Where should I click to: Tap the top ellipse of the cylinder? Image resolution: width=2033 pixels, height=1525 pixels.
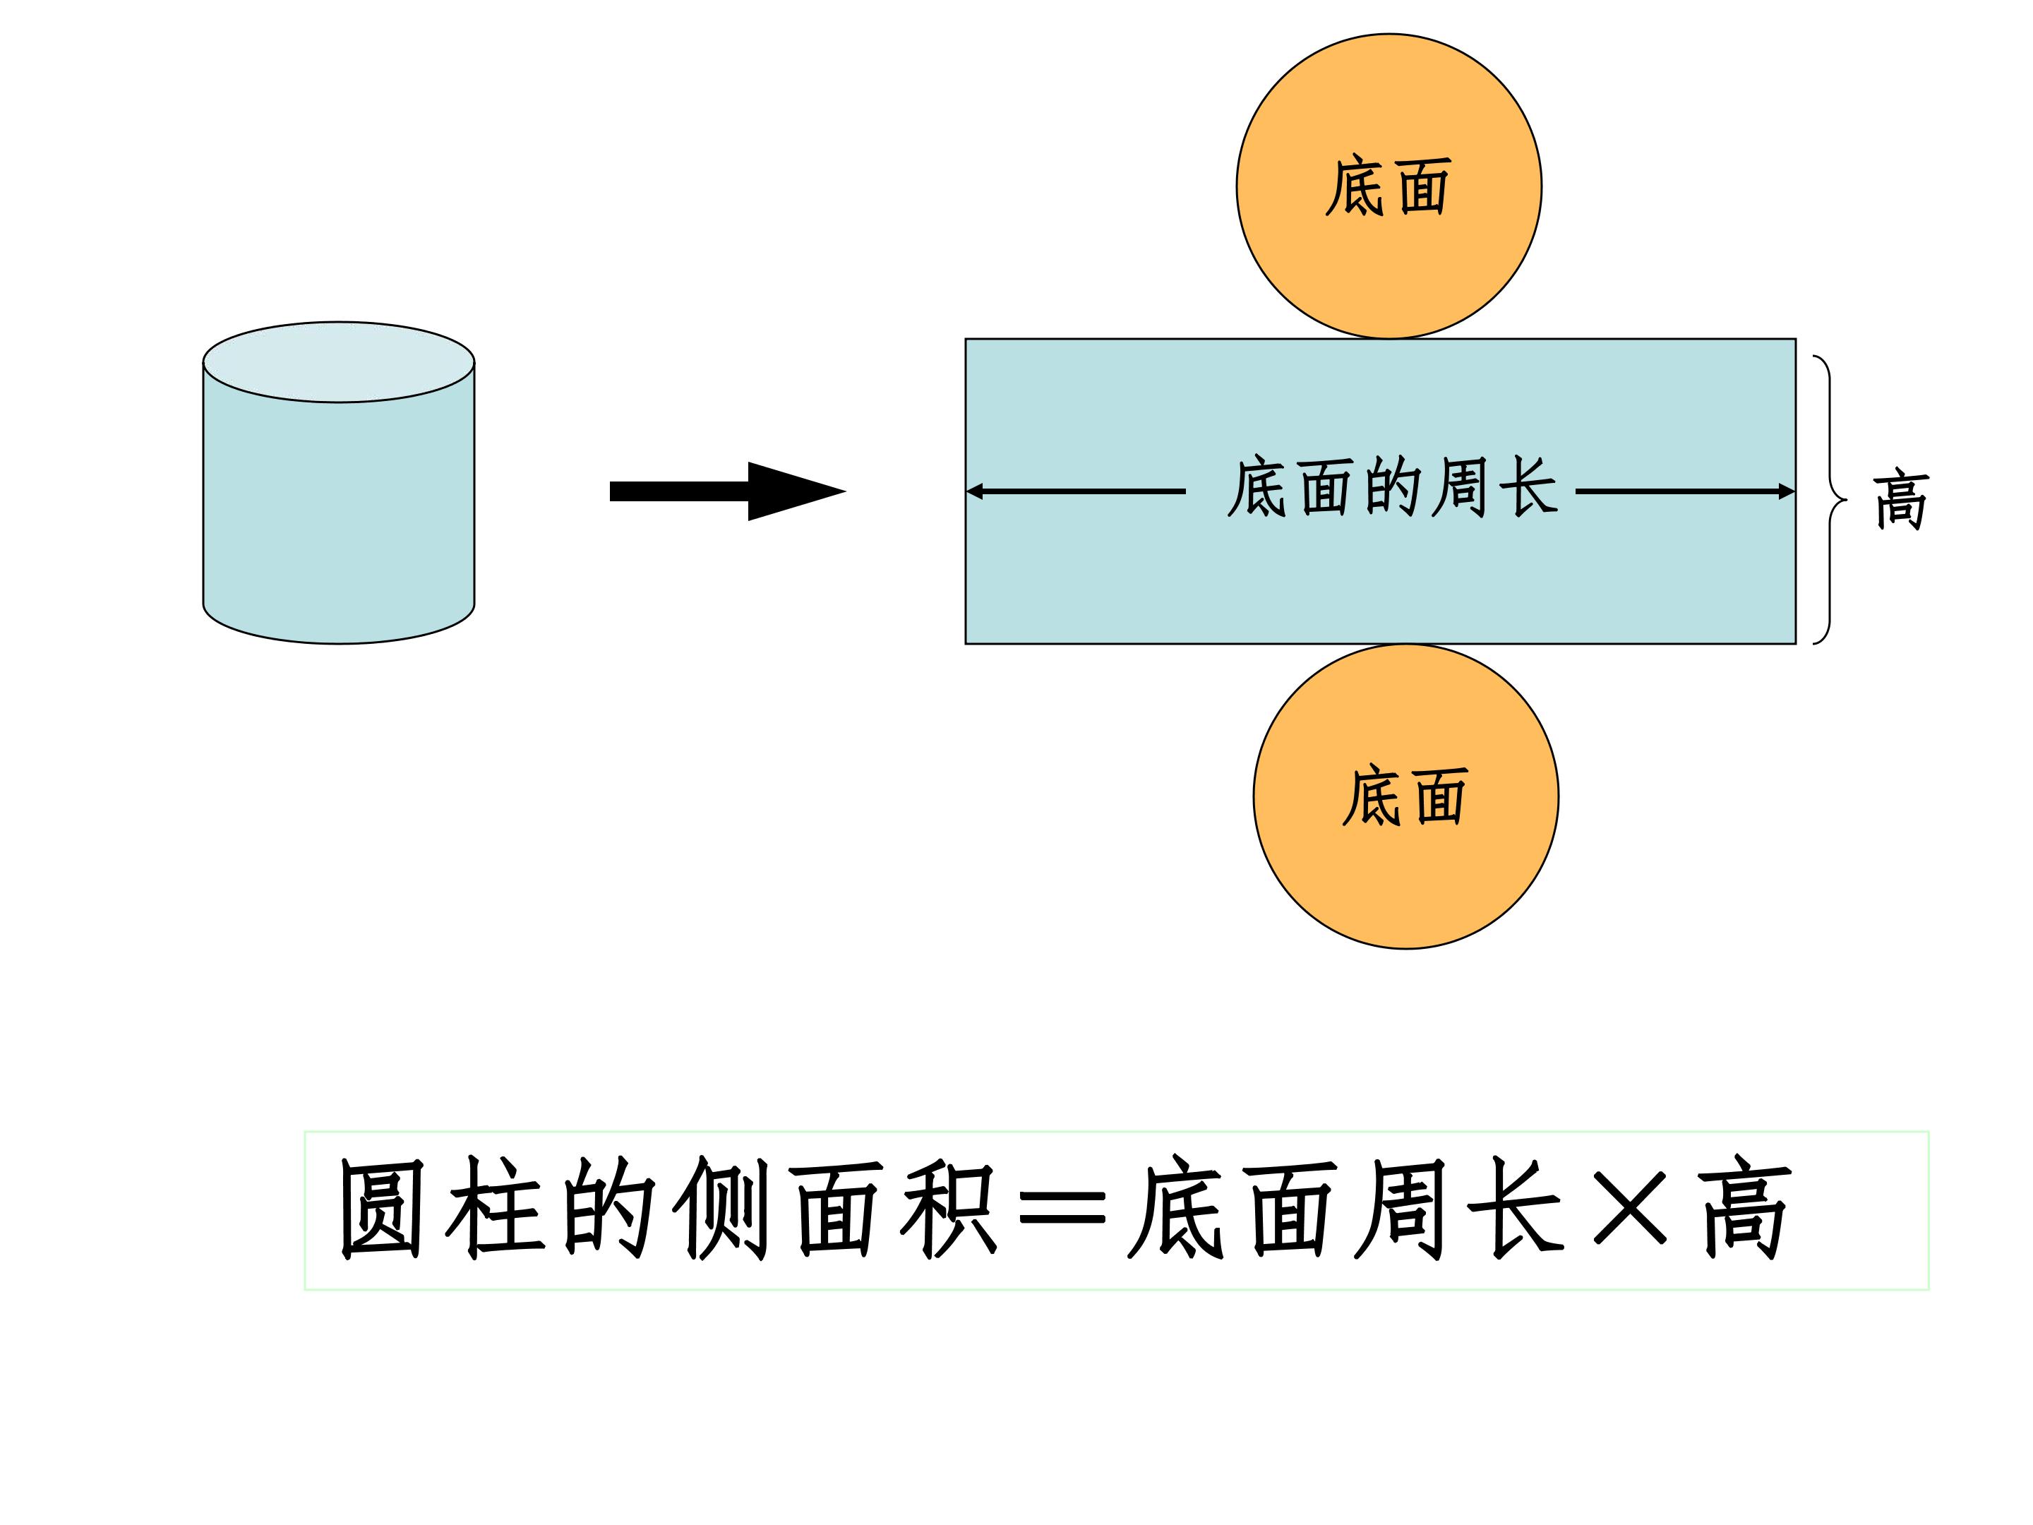[338, 362]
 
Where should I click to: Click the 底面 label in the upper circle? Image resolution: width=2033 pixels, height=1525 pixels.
[1388, 186]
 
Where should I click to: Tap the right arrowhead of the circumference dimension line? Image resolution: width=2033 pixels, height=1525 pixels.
[1787, 492]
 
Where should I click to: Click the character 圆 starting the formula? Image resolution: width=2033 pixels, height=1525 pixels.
[381, 1208]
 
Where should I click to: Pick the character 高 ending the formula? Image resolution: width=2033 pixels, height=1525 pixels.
[1744, 1209]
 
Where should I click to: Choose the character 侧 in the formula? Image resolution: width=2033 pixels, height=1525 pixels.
[721, 1208]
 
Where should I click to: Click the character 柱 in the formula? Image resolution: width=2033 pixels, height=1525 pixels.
[494, 1208]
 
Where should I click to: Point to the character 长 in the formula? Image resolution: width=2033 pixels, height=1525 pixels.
[1516, 1209]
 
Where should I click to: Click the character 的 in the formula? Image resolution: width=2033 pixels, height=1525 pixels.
[608, 1208]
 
